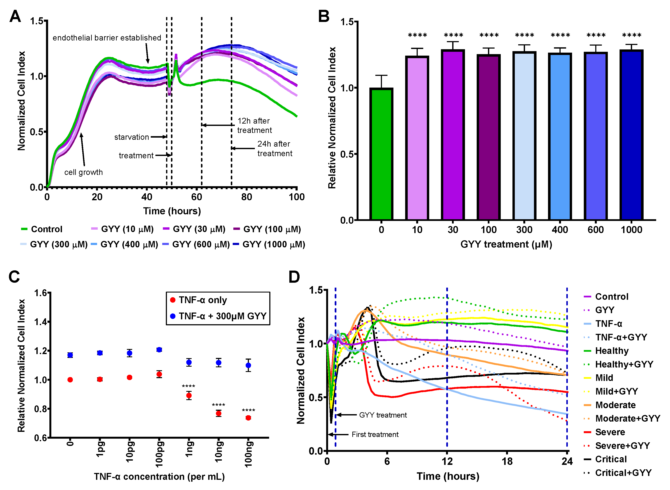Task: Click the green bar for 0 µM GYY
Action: pyautogui.click(x=381, y=154)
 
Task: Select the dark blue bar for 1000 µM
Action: pyautogui.click(x=631, y=135)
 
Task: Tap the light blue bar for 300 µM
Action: pyautogui.click(x=524, y=136)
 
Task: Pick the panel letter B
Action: pyautogui.click(x=324, y=16)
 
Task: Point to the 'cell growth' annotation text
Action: pyautogui.click(x=84, y=172)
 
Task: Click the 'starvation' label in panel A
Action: pyautogui.click(x=132, y=137)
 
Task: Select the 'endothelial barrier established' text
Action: pyautogui.click(x=107, y=38)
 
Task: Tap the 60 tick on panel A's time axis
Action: pyautogui.click(x=197, y=197)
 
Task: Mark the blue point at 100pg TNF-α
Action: pyautogui.click(x=159, y=350)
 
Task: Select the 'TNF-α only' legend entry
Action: pyautogui.click(x=203, y=300)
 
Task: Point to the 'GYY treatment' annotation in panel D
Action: pyautogui.click(x=383, y=415)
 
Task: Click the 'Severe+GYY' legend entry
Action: pyautogui.click(x=622, y=445)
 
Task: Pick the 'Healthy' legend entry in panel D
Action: pyautogui.click(x=612, y=351)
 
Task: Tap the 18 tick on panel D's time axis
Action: pyautogui.click(x=507, y=461)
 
